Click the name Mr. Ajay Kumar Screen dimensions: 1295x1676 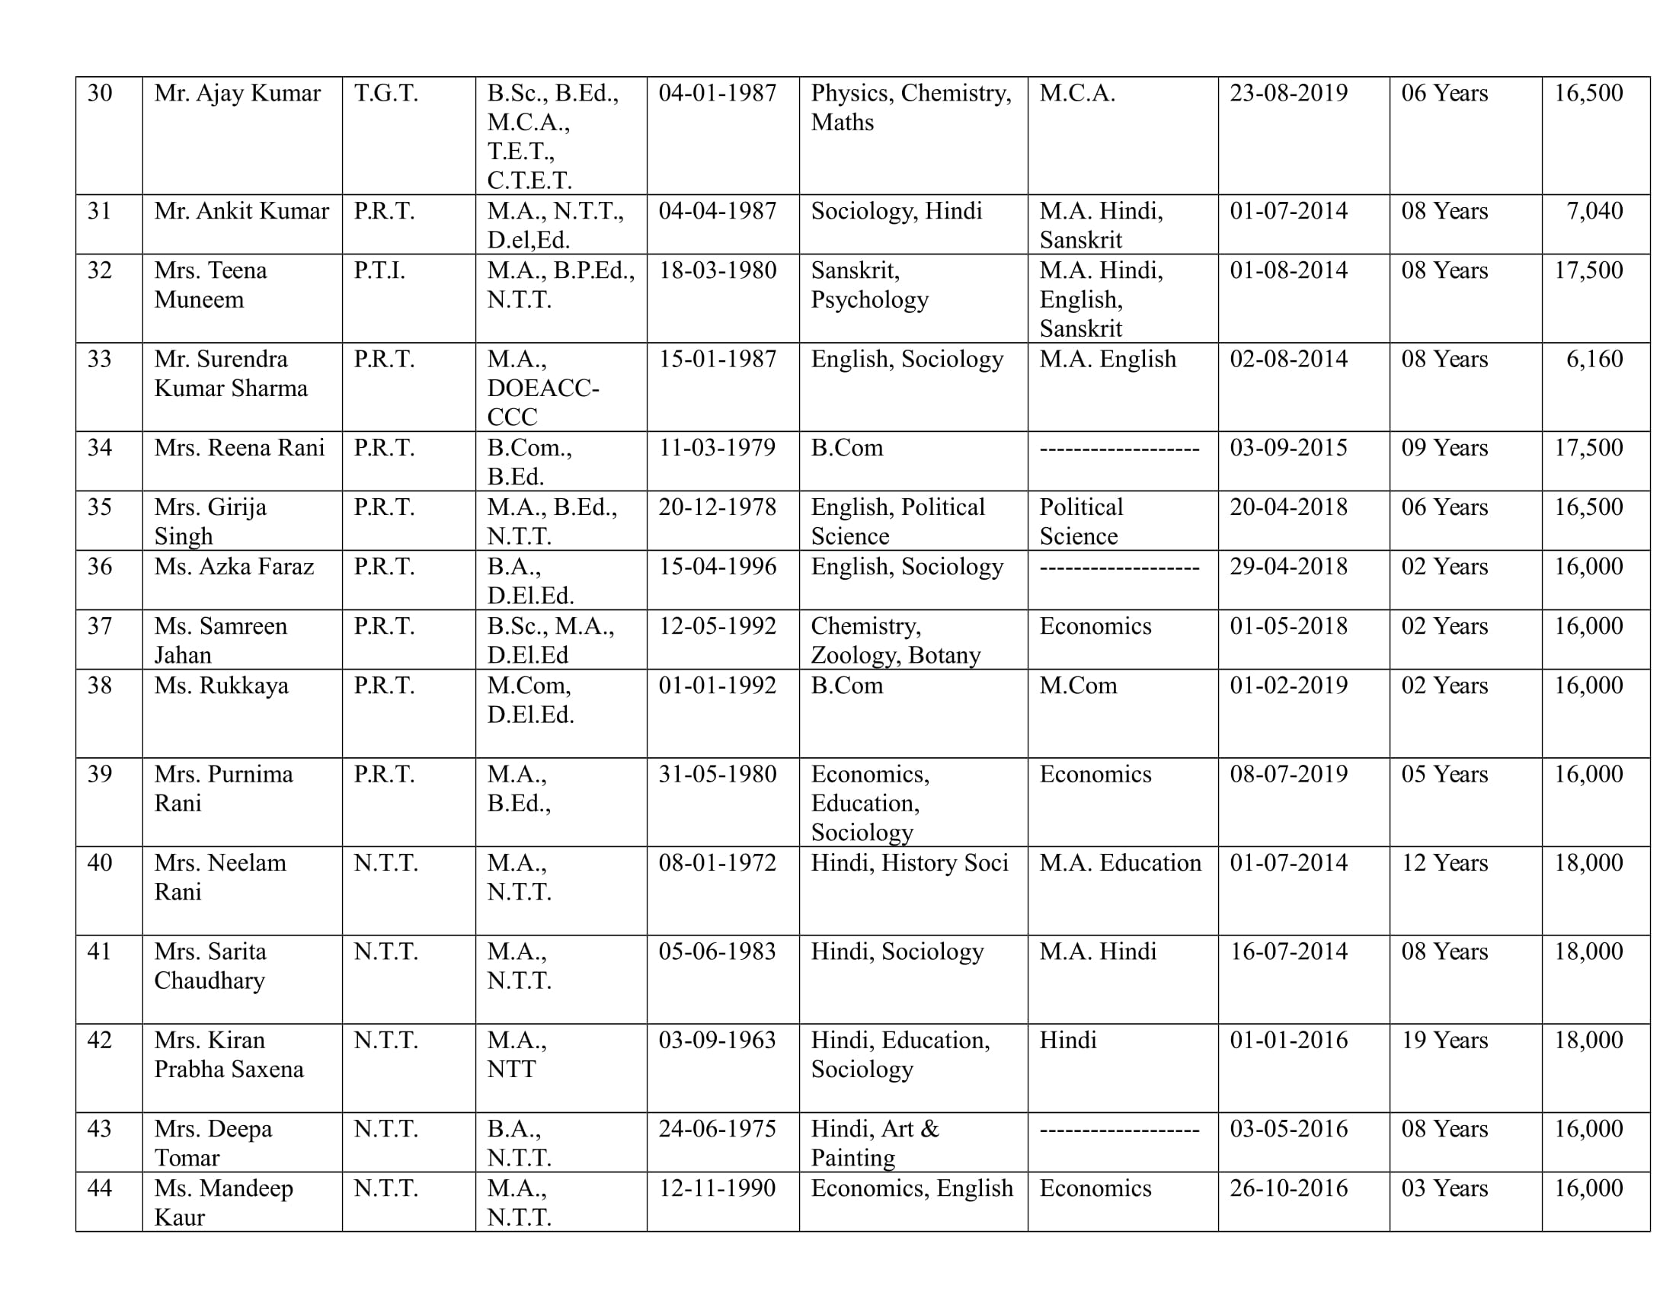coord(237,94)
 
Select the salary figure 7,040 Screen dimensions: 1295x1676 coord(1594,211)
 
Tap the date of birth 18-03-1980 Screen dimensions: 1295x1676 coord(718,271)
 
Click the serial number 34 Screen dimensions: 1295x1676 coord(100,448)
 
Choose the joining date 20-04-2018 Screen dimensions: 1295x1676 coord(1288,508)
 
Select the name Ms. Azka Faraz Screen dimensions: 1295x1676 coord(234,567)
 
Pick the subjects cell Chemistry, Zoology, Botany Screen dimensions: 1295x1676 coord(896,641)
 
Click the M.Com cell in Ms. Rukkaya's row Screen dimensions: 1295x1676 coord(1078,686)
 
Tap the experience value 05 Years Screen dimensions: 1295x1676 coord(1444,775)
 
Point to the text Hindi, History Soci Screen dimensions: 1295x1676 coord(910,863)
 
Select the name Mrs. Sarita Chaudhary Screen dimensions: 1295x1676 coord(209,966)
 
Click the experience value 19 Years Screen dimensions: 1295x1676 coord(1444,1041)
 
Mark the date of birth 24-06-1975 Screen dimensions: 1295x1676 coord(718,1129)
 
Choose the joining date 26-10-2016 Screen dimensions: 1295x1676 coord(1288,1188)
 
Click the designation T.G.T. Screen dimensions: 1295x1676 coord(386,94)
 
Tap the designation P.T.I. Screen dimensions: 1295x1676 coord(379,271)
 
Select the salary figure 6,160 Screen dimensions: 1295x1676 coord(1594,359)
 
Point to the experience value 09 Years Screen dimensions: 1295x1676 coord(1444,448)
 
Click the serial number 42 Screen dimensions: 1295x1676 coord(100,1041)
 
